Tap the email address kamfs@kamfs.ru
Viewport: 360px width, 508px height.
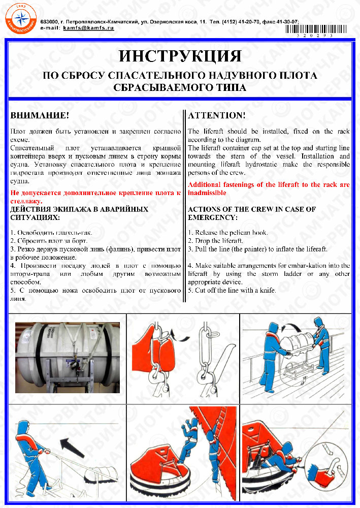pos(89,28)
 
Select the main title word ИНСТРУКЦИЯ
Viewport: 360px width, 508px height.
pos(180,56)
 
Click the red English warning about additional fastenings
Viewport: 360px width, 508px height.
pos(269,188)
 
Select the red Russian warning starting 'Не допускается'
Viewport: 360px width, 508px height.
pos(95,197)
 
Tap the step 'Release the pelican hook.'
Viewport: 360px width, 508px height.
pos(228,233)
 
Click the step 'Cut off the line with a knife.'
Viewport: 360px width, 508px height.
pos(232,290)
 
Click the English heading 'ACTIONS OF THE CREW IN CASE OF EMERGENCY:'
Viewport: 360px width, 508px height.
pos(259,213)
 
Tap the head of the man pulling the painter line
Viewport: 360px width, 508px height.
pos(21,427)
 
